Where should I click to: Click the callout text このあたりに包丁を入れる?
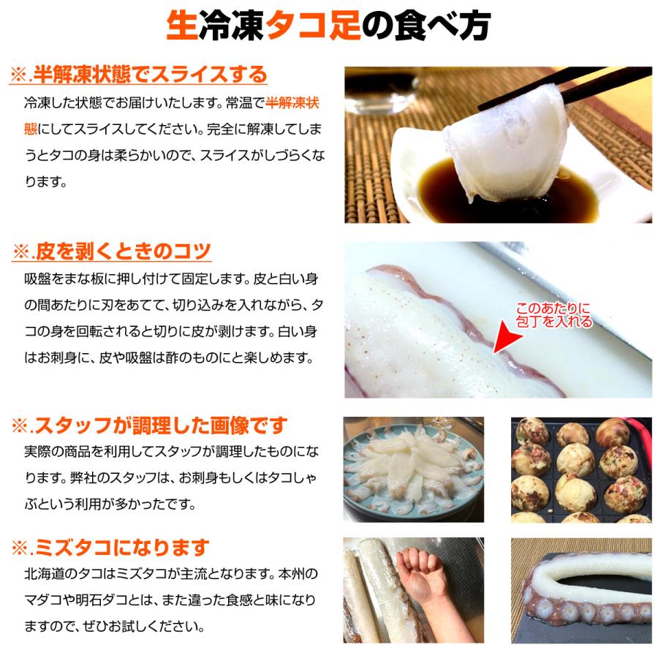click(553, 315)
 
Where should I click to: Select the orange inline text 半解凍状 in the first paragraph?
click(292, 103)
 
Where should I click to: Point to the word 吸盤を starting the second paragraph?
click(42, 280)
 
